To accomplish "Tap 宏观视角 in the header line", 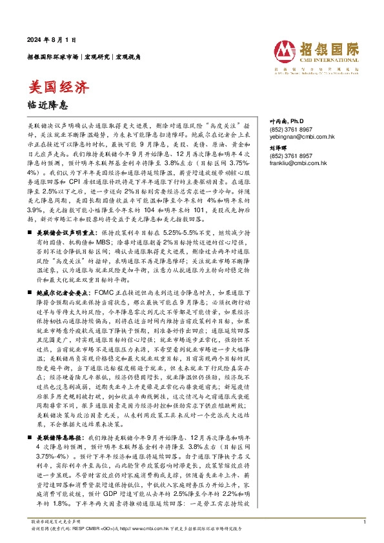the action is point(126,57).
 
